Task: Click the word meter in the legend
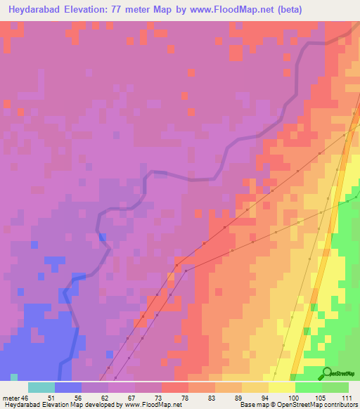click(11, 397)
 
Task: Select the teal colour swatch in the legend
click(41, 387)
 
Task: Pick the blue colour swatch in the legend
click(67, 387)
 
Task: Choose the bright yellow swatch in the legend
click(281, 387)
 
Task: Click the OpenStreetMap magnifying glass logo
click(328, 372)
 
